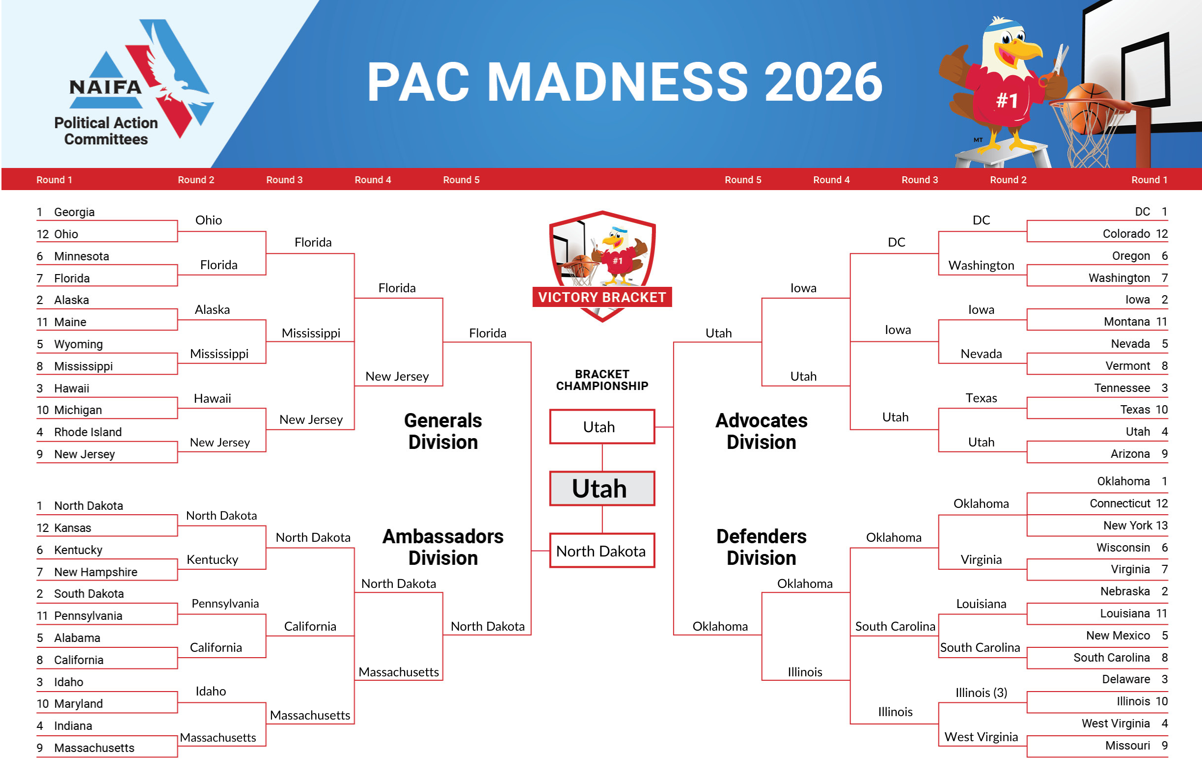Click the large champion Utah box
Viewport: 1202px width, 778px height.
(601, 489)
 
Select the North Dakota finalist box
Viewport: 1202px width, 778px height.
(601, 551)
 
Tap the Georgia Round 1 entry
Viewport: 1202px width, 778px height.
(74, 212)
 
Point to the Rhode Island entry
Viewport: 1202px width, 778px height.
(88, 432)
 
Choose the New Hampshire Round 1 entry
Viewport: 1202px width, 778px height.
(95, 572)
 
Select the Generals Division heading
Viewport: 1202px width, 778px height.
(443, 431)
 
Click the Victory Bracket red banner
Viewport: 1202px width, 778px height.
(601, 297)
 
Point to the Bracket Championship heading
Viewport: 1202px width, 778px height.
(601, 380)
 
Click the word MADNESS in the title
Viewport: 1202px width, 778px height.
(617, 82)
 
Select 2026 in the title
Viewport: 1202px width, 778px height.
(823, 82)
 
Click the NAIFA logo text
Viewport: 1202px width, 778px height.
(106, 87)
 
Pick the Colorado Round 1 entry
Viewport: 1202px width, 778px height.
(1126, 233)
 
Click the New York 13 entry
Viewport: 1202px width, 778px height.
(1135, 526)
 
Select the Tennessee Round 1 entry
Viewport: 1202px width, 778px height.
(1121, 388)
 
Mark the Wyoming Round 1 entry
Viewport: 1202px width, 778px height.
(78, 344)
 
